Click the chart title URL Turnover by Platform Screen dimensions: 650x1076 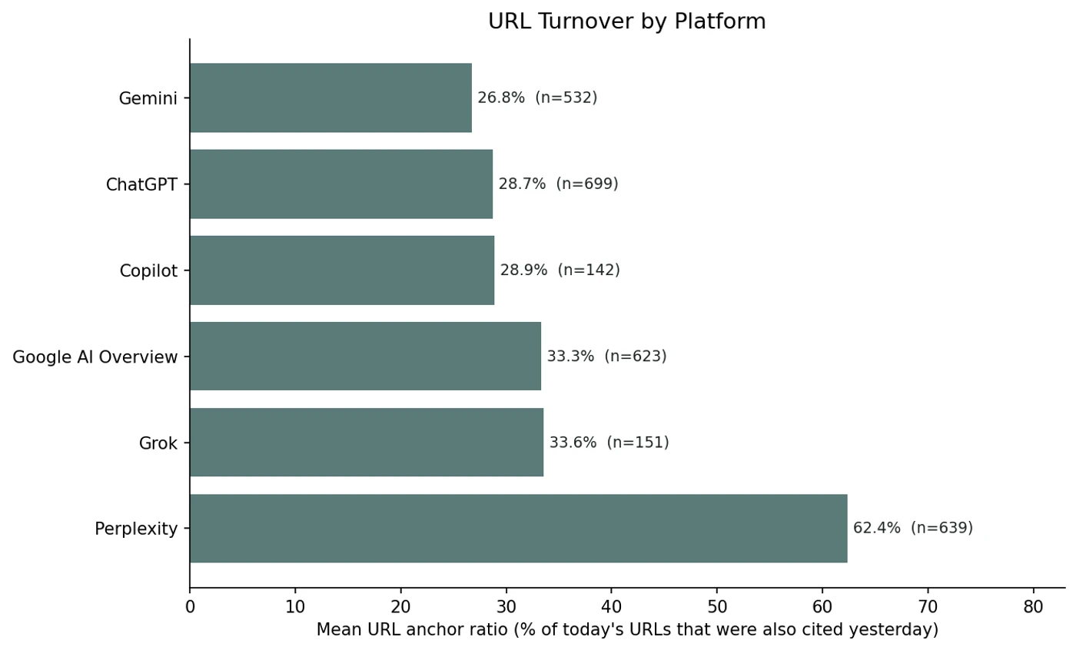(626, 22)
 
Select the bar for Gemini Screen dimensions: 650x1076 (330, 98)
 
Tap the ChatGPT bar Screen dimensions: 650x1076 (341, 184)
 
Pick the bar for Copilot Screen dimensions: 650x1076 (342, 270)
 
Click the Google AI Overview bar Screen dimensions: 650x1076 (365, 357)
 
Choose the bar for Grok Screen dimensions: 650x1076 (367, 443)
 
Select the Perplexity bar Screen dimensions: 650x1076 (518, 529)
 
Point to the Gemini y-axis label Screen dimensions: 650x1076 (148, 98)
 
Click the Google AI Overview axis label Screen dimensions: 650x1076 (95, 357)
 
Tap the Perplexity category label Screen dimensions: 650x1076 (136, 529)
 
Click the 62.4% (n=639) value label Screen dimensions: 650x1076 (912, 529)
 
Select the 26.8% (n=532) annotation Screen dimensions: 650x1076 (537, 98)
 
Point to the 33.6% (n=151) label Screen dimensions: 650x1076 (609, 443)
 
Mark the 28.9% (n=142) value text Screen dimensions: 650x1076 (560, 270)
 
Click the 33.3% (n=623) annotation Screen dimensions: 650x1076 (606, 357)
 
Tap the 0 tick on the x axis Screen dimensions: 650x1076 (190, 607)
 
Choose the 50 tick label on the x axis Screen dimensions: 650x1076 (716, 607)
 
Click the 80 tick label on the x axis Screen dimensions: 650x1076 (1033, 607)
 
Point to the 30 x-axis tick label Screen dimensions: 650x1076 (506, 607)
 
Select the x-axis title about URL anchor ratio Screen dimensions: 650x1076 (627, 630)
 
